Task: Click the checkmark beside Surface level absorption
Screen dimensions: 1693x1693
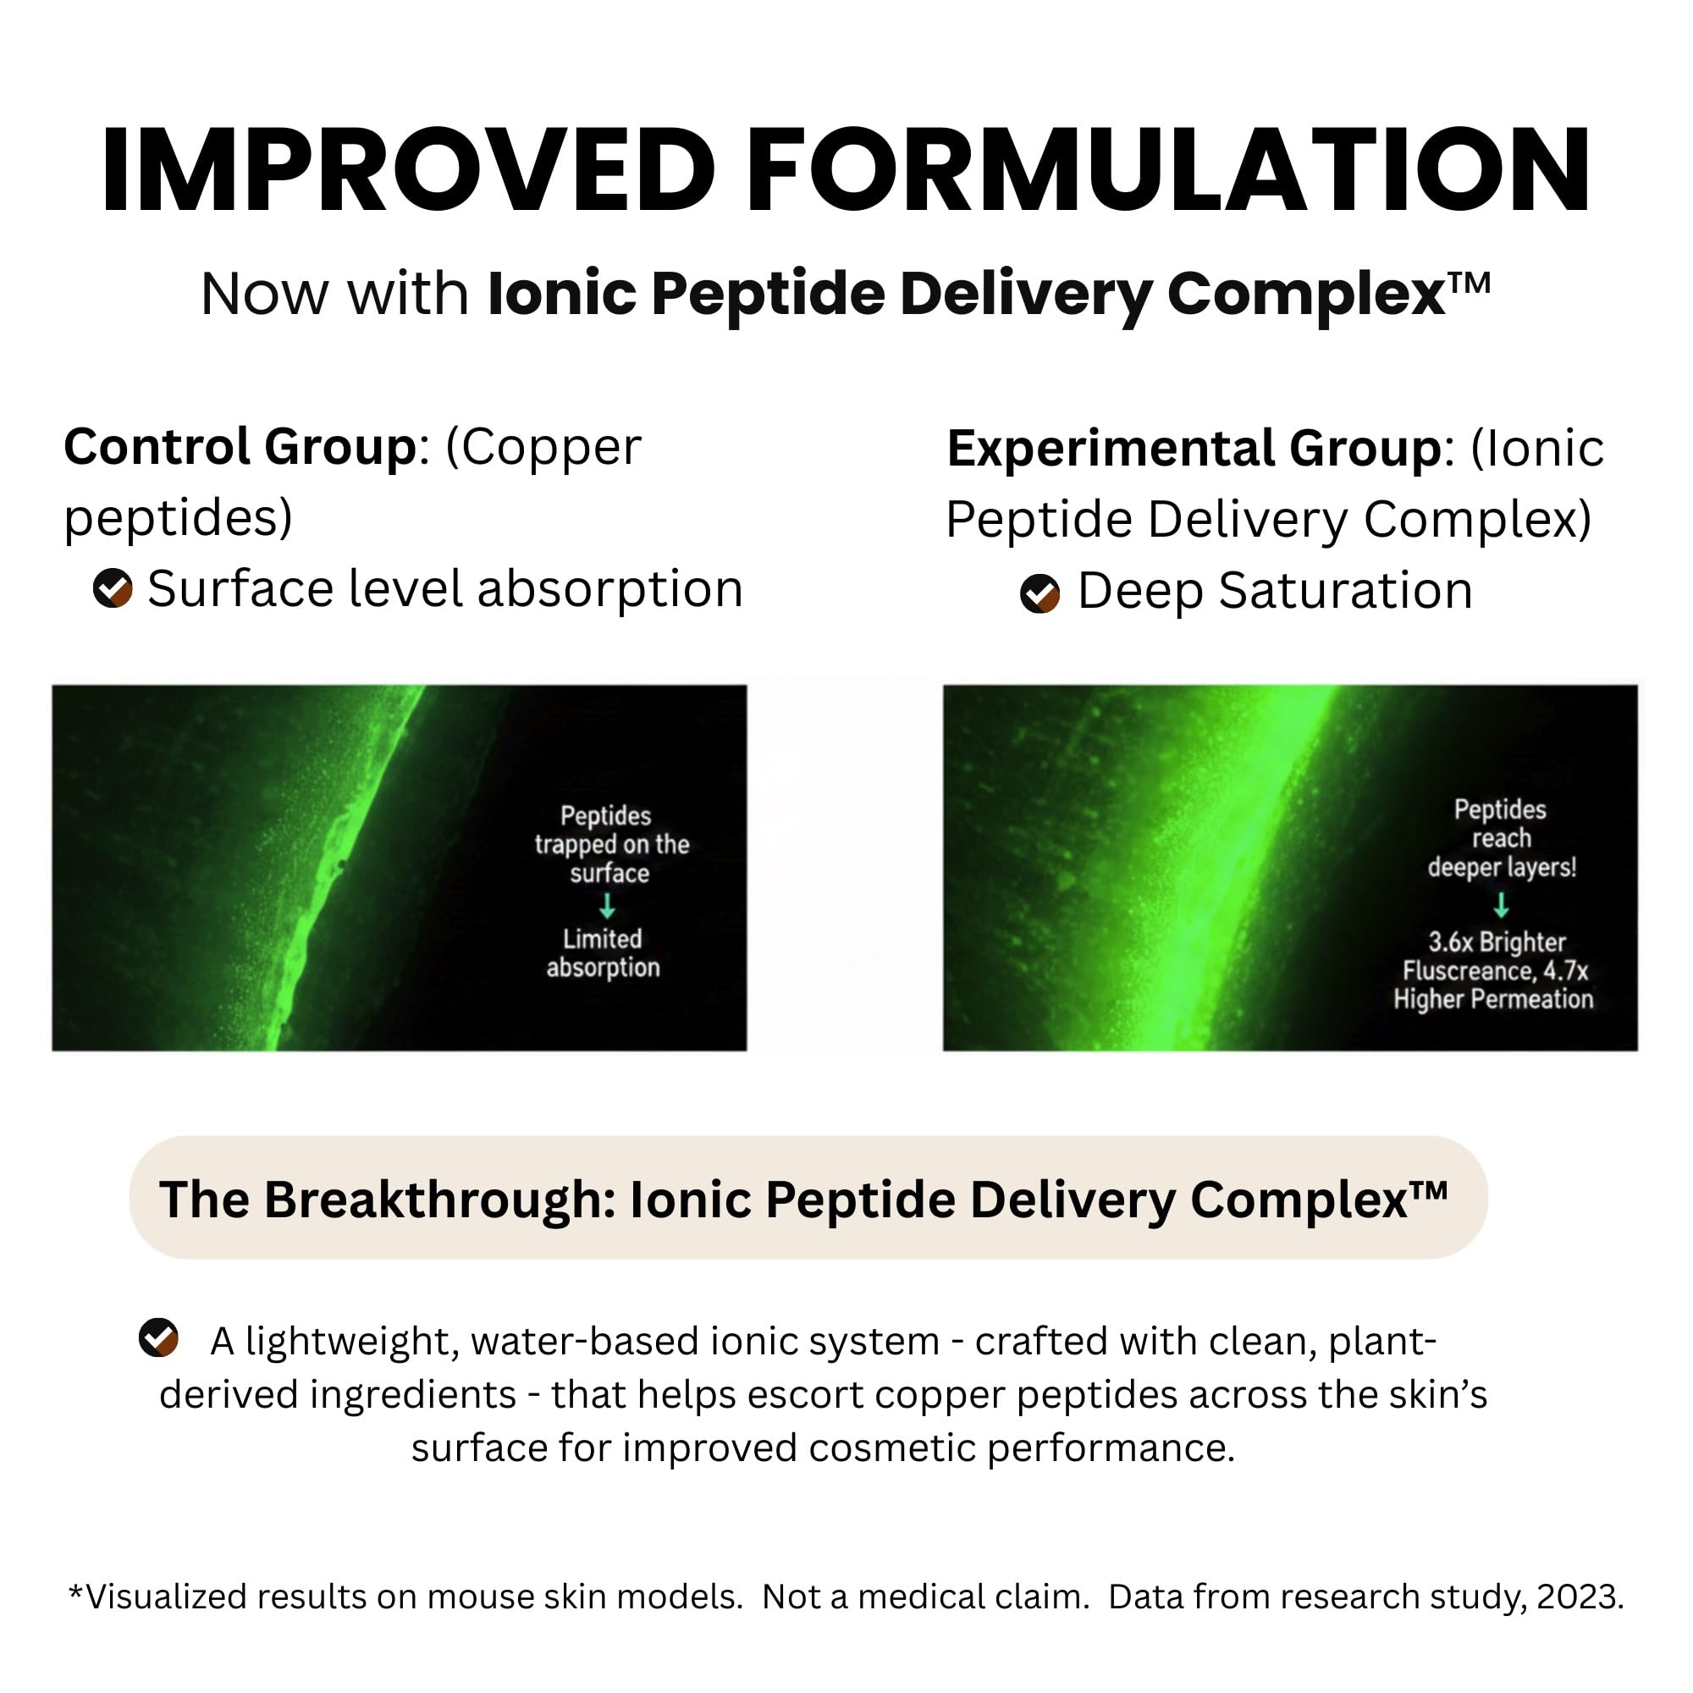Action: pyautogui.click(x=113, y=588)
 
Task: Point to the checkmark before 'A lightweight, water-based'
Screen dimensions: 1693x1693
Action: pyautogui.click(x=158, y=1337)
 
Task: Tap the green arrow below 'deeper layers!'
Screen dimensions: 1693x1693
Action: pyautogui.click(x=1501, y=904)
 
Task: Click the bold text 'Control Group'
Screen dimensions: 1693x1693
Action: pyautogui.click(x=240, y=447)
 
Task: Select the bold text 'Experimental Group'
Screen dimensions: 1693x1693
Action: pyautogui.click(x=1194, y=449)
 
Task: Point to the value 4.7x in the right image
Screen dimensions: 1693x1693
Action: pyautogui.click(x=1566, y=971)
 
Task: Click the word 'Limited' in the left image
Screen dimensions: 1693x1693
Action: pyautogui.click(x=602, y=939)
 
